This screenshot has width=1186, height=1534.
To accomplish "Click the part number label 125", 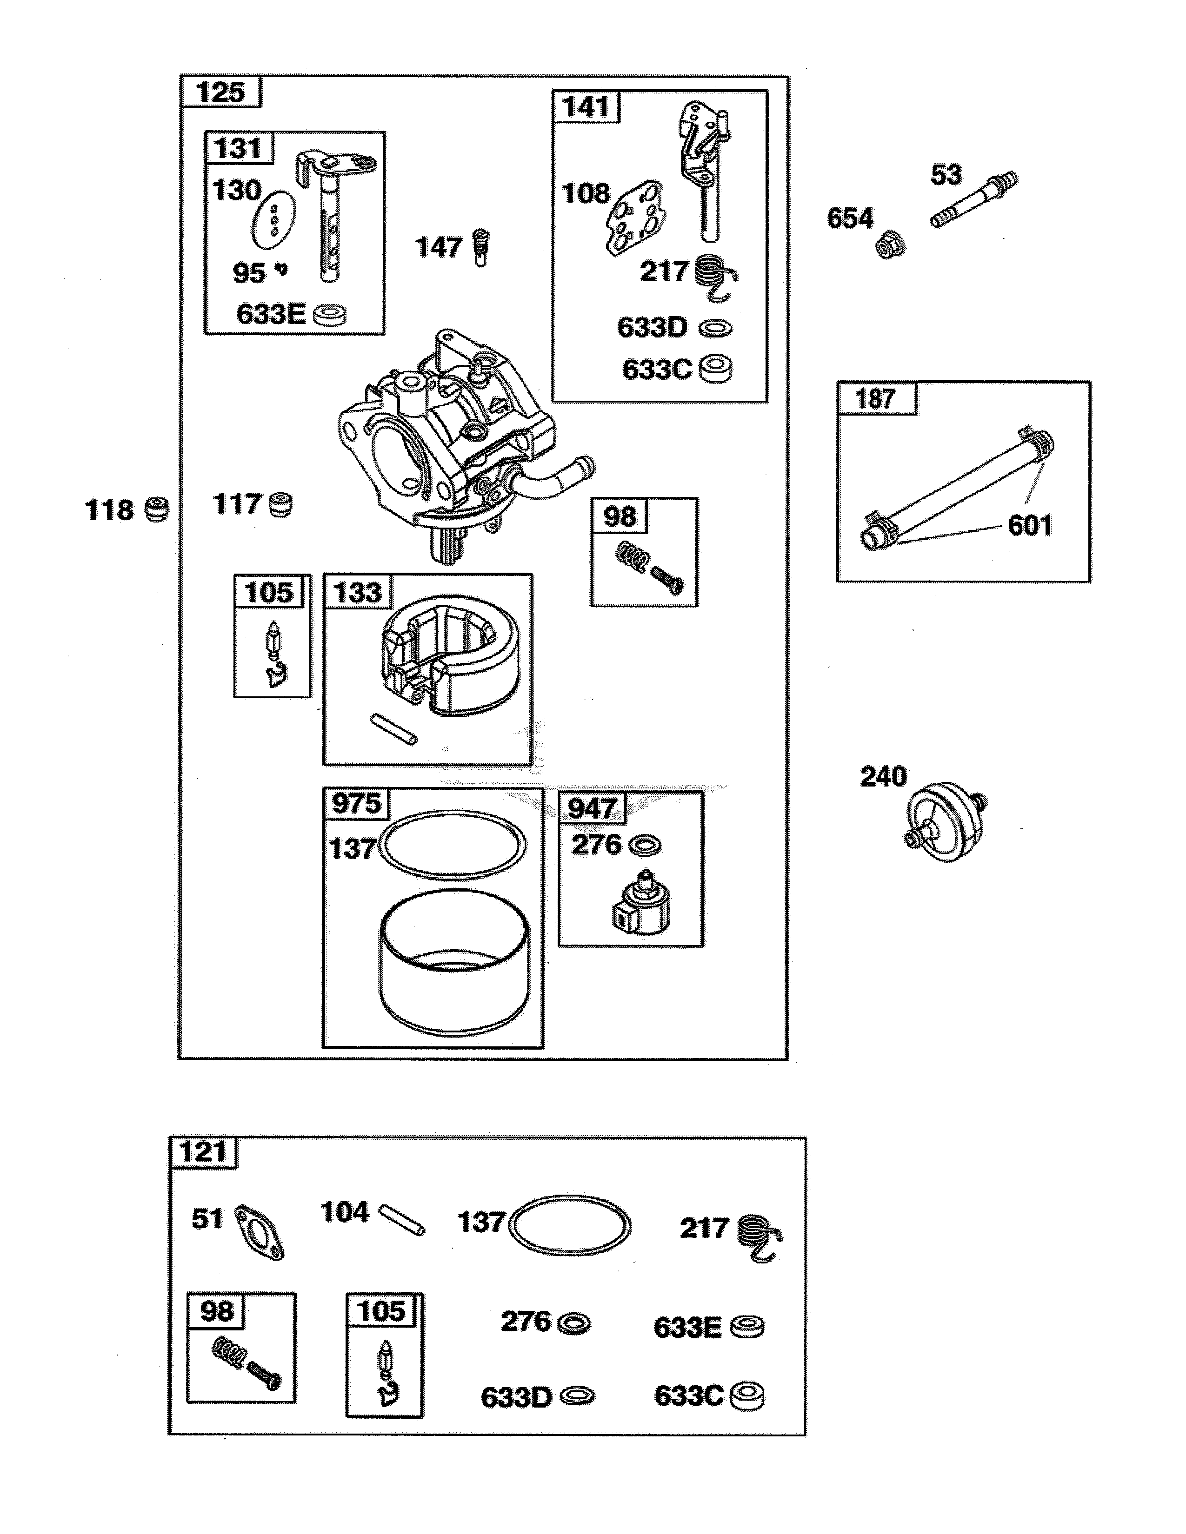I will pos(220,92).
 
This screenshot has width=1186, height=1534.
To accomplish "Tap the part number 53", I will pos(946,174).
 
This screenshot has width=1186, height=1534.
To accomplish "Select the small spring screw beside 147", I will pos(481,247).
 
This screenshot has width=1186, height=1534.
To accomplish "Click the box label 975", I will pos(356,803).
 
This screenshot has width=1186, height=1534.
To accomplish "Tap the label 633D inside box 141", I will pos(651,327).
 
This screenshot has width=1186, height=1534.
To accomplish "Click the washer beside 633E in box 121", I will pos(747,1327).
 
